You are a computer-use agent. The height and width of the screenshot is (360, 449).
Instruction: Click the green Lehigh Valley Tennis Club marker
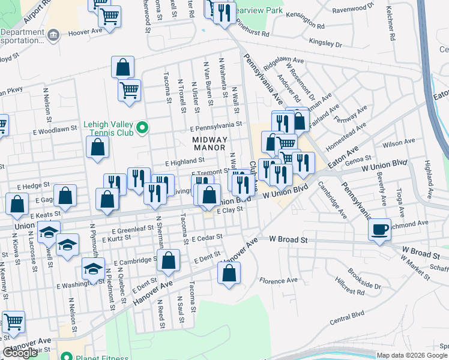(x=142, y=127)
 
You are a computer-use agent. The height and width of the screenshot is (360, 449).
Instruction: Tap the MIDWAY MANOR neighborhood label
(x=210, y=144)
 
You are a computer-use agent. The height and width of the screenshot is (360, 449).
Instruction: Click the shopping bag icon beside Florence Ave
(x=229, y=273)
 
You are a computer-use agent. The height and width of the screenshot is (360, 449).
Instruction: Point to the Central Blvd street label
(x=347, y=318)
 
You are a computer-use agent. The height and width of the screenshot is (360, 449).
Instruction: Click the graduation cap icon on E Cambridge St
(x=93, y=269)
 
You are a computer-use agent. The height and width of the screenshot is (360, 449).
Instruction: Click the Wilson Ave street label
(x=402, y=143)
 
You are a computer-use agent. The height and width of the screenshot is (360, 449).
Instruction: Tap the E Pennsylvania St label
(x=215, y=127)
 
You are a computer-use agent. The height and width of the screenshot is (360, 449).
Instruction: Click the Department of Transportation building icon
(x=53, y=34)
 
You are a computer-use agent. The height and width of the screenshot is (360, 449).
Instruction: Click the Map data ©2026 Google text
(x=411, y=355)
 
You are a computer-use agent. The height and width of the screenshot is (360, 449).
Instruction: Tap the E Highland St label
(x=185, y=161)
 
